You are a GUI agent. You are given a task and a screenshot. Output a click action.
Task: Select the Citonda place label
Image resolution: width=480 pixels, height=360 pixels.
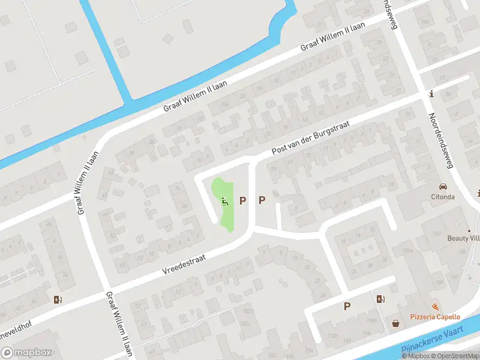443,196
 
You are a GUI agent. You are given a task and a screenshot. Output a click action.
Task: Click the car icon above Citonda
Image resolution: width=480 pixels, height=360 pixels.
443,187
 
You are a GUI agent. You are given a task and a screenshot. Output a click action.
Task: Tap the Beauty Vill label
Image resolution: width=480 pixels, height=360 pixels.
463,238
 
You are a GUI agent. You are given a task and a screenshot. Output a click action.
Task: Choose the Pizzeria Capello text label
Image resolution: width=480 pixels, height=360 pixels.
435,317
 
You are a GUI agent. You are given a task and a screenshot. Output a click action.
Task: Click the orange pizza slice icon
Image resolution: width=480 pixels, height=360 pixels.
435,307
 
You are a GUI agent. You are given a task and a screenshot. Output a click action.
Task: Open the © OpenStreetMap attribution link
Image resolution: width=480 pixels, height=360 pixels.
454,356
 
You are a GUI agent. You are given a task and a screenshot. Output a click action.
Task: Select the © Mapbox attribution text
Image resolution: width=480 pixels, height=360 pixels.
415,356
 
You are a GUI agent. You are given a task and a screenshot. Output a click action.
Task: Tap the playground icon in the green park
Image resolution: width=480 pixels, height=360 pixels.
226,202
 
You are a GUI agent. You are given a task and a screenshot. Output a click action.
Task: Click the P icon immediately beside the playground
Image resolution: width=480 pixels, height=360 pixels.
243,200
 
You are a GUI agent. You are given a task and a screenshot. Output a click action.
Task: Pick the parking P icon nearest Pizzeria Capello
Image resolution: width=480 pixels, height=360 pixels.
347,306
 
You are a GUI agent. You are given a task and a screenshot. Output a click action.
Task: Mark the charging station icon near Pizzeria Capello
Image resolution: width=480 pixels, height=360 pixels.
380,298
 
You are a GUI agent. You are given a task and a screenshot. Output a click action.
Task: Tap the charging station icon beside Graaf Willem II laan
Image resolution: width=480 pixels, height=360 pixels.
58,299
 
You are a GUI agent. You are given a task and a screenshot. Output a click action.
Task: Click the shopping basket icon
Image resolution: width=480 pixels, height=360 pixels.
396,323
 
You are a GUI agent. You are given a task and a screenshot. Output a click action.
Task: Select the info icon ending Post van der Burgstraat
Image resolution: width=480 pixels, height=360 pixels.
431,94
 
